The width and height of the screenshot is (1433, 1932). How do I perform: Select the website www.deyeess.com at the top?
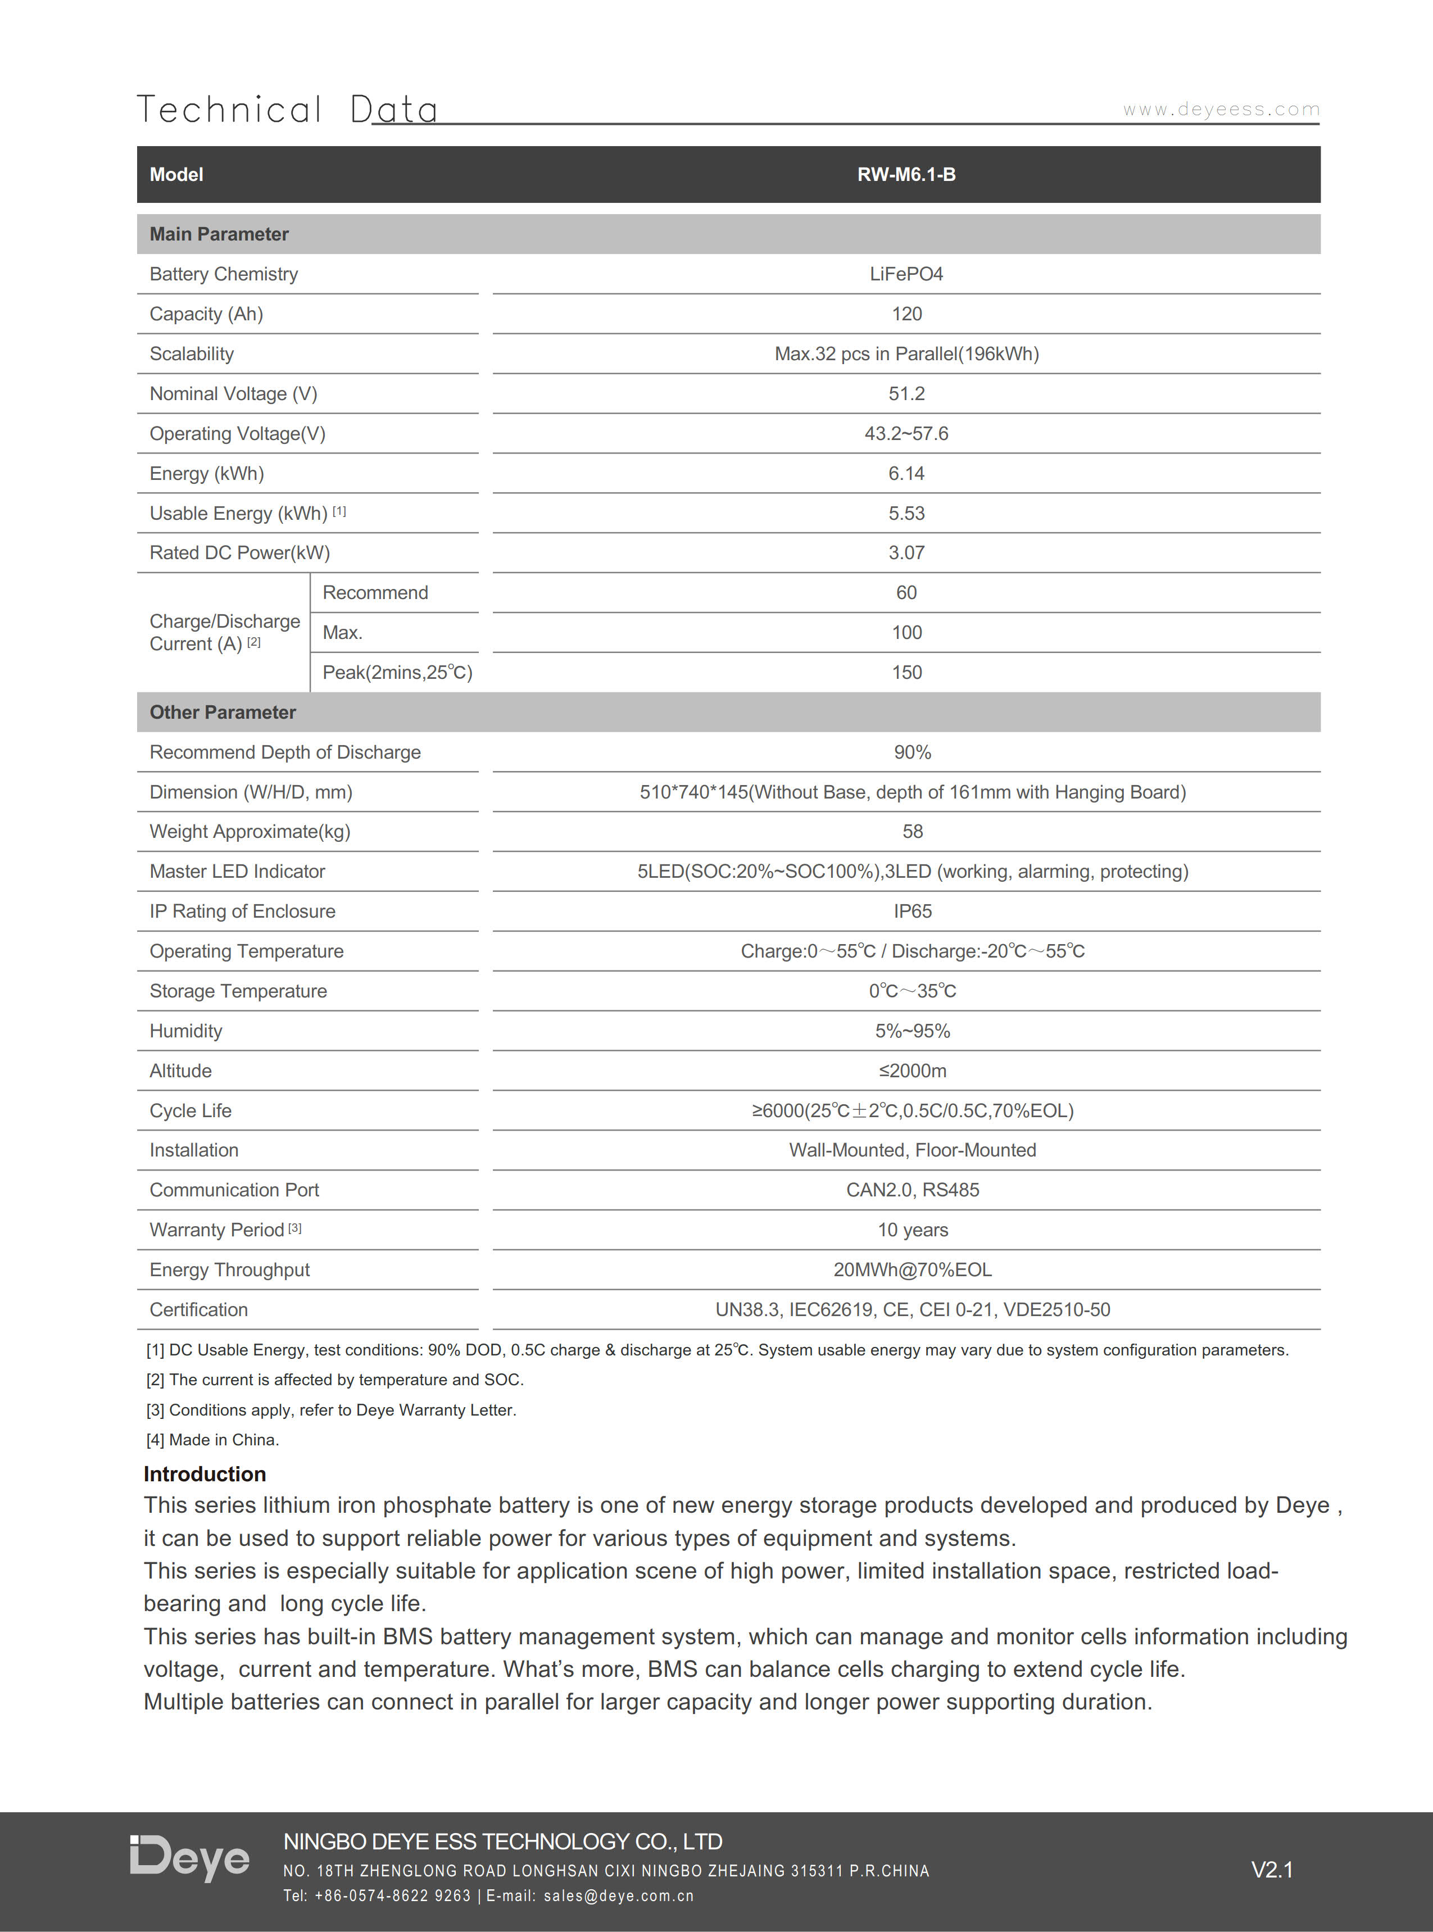tap(1221, 110)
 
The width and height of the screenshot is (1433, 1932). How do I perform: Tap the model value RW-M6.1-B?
tap(906, 174)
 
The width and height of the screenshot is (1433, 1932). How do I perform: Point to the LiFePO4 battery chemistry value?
tap(906, 274)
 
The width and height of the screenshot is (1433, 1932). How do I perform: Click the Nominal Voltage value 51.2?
tap(906, 394)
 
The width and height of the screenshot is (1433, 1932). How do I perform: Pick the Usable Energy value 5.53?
tap(906, 514)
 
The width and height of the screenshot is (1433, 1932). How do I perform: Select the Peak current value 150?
tap(906, 672)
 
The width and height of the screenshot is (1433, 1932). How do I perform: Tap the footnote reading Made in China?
tap(212, 1439)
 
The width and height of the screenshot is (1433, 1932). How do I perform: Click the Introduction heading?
tap(205, 1474)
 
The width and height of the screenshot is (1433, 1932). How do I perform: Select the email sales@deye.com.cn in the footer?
tap(619, 1895)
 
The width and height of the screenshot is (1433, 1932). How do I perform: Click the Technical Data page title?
tap(287, 110)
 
